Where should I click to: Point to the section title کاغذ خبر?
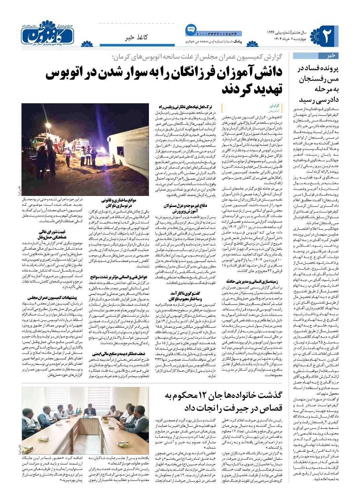click(x=139, y=37)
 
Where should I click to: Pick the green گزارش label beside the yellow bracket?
click(x=275, y=105)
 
